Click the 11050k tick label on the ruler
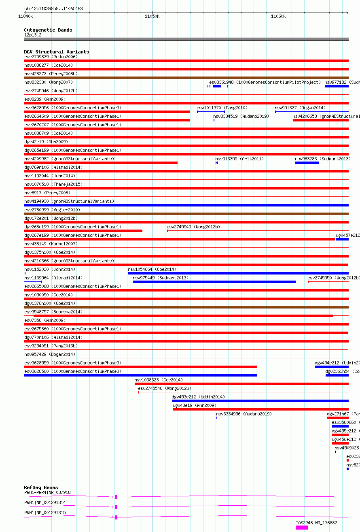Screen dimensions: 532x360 click(152, 16)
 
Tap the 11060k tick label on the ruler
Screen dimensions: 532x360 click(278, 16)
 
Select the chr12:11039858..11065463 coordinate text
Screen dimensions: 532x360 click(53, 9)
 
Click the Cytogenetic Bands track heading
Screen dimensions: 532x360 click(48, 30)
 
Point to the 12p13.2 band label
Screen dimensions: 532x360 click(33, 35)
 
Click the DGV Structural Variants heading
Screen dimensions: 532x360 click(56, 52)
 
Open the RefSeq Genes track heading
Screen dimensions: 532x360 click(41, 487)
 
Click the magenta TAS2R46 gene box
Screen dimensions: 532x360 click(302, 528)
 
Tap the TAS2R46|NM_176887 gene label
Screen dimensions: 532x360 click(316, 523)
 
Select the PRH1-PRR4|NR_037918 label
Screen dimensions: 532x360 click(47, 492)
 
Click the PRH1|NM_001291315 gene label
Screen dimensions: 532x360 click(45, 513)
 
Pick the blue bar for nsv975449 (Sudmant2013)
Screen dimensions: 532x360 click(214, 282)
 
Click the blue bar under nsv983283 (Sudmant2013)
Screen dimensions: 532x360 click(307, 163)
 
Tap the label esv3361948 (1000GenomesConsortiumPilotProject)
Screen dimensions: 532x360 click(265, 82)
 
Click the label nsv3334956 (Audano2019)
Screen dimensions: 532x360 click(244, 414)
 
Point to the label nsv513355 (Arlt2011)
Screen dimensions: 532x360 click(239, 159)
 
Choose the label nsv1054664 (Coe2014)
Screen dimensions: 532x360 click(152, 269)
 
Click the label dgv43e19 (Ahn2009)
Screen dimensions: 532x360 click(194, 405)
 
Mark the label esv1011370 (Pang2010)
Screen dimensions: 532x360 click(222, 108)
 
